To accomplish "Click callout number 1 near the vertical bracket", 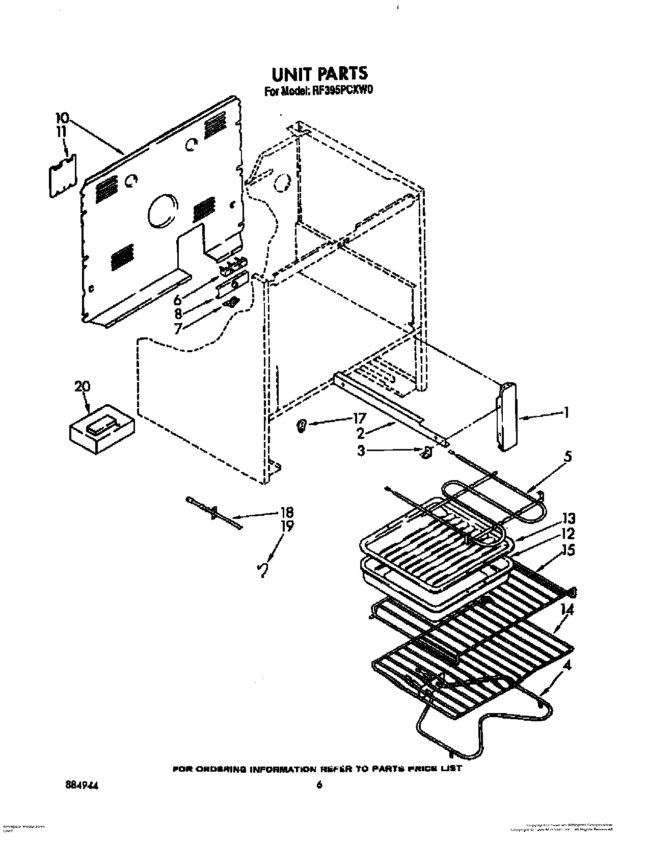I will [565, 412].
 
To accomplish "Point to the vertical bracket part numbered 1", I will [506, 416].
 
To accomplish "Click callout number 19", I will [287, 526].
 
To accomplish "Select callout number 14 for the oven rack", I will [567, 610].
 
